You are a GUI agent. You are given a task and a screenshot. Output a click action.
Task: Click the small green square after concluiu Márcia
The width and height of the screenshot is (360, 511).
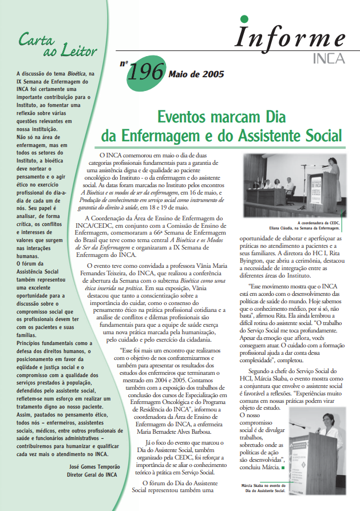(283, 467)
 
